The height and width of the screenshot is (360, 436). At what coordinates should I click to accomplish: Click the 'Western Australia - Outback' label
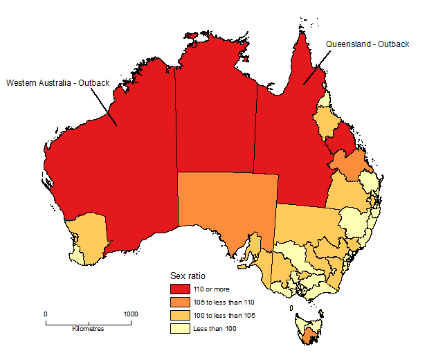58,83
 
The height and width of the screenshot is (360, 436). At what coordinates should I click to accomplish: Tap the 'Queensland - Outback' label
367,44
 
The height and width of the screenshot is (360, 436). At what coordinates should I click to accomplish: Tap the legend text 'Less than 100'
216,328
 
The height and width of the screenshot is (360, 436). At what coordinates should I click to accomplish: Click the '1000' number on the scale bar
130,314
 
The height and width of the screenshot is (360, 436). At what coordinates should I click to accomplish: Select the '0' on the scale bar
46,314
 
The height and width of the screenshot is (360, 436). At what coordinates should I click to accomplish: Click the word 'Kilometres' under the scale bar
88,329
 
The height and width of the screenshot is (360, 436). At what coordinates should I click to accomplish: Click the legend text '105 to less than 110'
225,303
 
